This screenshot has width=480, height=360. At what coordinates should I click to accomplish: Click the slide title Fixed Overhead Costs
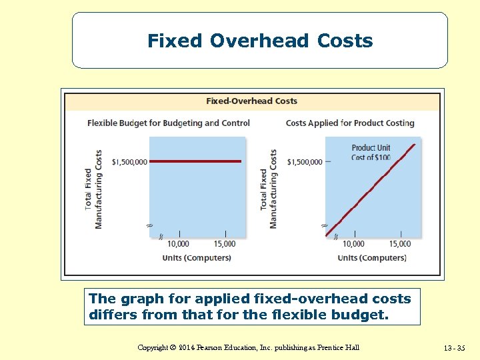260,41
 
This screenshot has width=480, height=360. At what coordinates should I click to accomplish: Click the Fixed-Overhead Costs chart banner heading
251,101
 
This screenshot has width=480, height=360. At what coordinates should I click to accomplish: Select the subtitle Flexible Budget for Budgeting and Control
169,123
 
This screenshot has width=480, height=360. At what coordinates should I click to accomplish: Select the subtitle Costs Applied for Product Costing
350,123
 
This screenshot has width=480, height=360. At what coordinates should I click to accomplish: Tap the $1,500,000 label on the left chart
129,161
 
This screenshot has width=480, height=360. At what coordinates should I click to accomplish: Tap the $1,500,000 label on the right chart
305,161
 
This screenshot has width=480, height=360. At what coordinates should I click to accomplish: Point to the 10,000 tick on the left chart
178,243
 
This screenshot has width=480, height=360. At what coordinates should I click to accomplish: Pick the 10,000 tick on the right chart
353,243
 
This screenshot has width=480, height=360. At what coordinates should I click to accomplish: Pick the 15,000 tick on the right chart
400,243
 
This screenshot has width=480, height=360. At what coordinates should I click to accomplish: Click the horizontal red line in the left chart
195,161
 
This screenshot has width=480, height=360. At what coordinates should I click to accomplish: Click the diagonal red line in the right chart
373,190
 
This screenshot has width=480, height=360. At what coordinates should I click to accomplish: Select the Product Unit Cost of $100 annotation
371,153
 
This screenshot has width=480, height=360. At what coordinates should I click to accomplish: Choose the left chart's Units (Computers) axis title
197,257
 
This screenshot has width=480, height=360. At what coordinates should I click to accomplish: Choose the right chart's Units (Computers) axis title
372,257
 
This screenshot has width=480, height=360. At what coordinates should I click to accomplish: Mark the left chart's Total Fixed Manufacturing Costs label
93,189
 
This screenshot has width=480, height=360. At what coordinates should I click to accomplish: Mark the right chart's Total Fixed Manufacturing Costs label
268,189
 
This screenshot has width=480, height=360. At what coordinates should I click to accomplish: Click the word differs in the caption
111,315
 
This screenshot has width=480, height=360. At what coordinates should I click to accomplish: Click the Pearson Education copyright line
248,347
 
